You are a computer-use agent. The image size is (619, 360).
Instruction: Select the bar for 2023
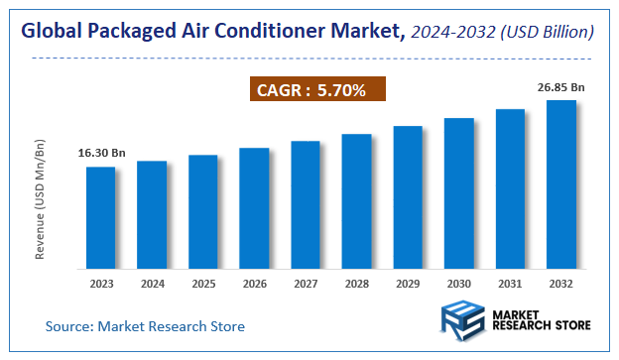(x=100, y=217)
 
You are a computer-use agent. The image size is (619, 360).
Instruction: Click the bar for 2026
(x=254, y=208)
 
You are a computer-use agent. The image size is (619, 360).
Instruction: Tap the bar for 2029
(x=408, y=197)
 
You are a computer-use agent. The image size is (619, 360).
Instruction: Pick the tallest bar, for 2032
(x=561, y=184)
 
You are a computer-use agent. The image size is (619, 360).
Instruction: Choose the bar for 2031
(x=510, y=188)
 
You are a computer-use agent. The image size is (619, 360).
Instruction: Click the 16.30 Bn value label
(x=102, y=154)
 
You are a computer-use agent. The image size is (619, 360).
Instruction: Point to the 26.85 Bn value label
(x=561, y=87)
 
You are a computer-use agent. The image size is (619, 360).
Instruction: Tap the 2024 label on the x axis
(x=152, y=284)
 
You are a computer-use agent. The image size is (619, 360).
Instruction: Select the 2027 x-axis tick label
(x=306, y=284)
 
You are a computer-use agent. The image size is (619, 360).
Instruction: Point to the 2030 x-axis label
(x=458, y=284)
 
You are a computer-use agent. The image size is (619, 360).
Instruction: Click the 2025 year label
(x=203, y=284)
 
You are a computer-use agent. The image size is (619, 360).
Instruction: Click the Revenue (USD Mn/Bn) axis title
(x=40, y=200)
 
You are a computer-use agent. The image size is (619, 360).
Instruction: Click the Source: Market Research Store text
(x=145, y=325)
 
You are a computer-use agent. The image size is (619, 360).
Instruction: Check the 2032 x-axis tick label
(x=561, y=284)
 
